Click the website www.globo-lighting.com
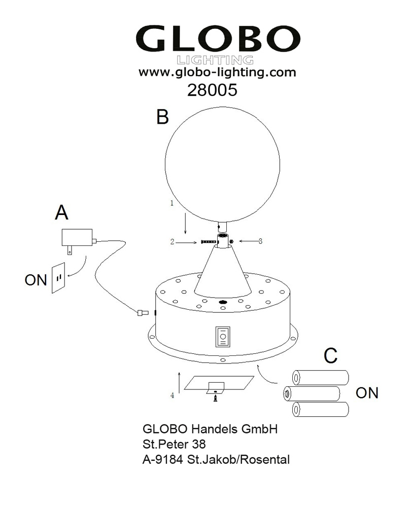[217, 73]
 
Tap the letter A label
[61, 213]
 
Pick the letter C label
[330, 356]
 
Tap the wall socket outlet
[58, 277]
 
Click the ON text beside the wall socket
[36, 279]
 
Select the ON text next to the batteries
[367, 393]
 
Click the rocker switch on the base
[222, 337]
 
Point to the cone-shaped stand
[222, 274]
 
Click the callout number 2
[172, 242]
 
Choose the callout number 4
[173, 395]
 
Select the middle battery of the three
[311, 393]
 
